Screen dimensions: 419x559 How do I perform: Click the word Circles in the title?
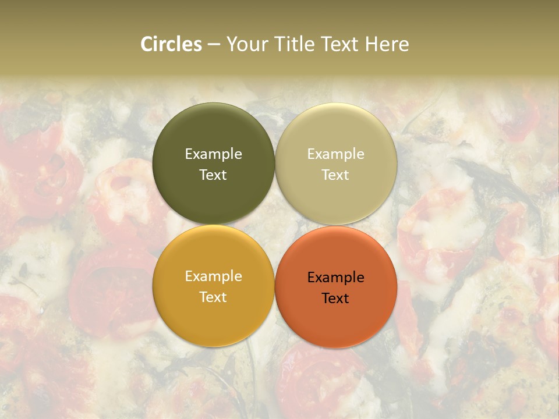point(171,44)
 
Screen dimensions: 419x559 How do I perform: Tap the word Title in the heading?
point(297,44)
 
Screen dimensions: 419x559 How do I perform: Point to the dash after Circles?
point(213,45)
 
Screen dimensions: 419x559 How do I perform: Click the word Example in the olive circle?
point(213,154)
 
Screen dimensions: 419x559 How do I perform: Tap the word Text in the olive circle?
point(213,175)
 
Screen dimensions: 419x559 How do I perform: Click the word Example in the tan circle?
point(336,154)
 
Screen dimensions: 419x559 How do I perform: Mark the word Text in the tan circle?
point(336,175)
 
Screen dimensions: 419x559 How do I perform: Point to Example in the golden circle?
point(213,276)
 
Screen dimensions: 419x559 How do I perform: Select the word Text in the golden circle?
point(213,297)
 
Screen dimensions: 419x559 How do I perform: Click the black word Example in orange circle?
point(336,278)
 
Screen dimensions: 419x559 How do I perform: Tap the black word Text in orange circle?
point(336,299)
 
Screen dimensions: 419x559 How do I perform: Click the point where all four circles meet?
point(275,225)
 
